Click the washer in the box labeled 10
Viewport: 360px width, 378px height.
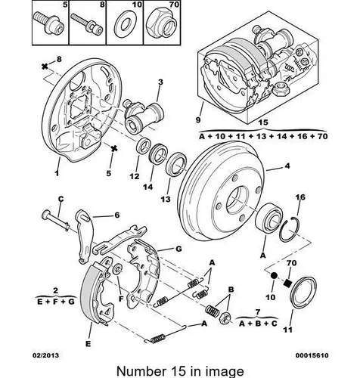(125, 25)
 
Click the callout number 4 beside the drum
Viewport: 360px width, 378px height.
(287, 166)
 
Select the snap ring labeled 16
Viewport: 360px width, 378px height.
(290, 230)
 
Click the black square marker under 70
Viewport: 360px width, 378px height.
(287, 283)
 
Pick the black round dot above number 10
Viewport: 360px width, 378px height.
(274, 275)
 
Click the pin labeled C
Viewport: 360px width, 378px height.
(55, 220)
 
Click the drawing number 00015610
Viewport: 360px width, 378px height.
(312, 355)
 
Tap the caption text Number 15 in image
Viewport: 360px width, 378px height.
(180, 371)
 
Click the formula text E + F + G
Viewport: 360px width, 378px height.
(56, 302)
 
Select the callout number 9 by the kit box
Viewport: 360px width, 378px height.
(198, 119)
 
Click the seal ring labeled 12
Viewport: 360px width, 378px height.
(143, 146)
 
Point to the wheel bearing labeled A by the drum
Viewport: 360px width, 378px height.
(268, 218)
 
